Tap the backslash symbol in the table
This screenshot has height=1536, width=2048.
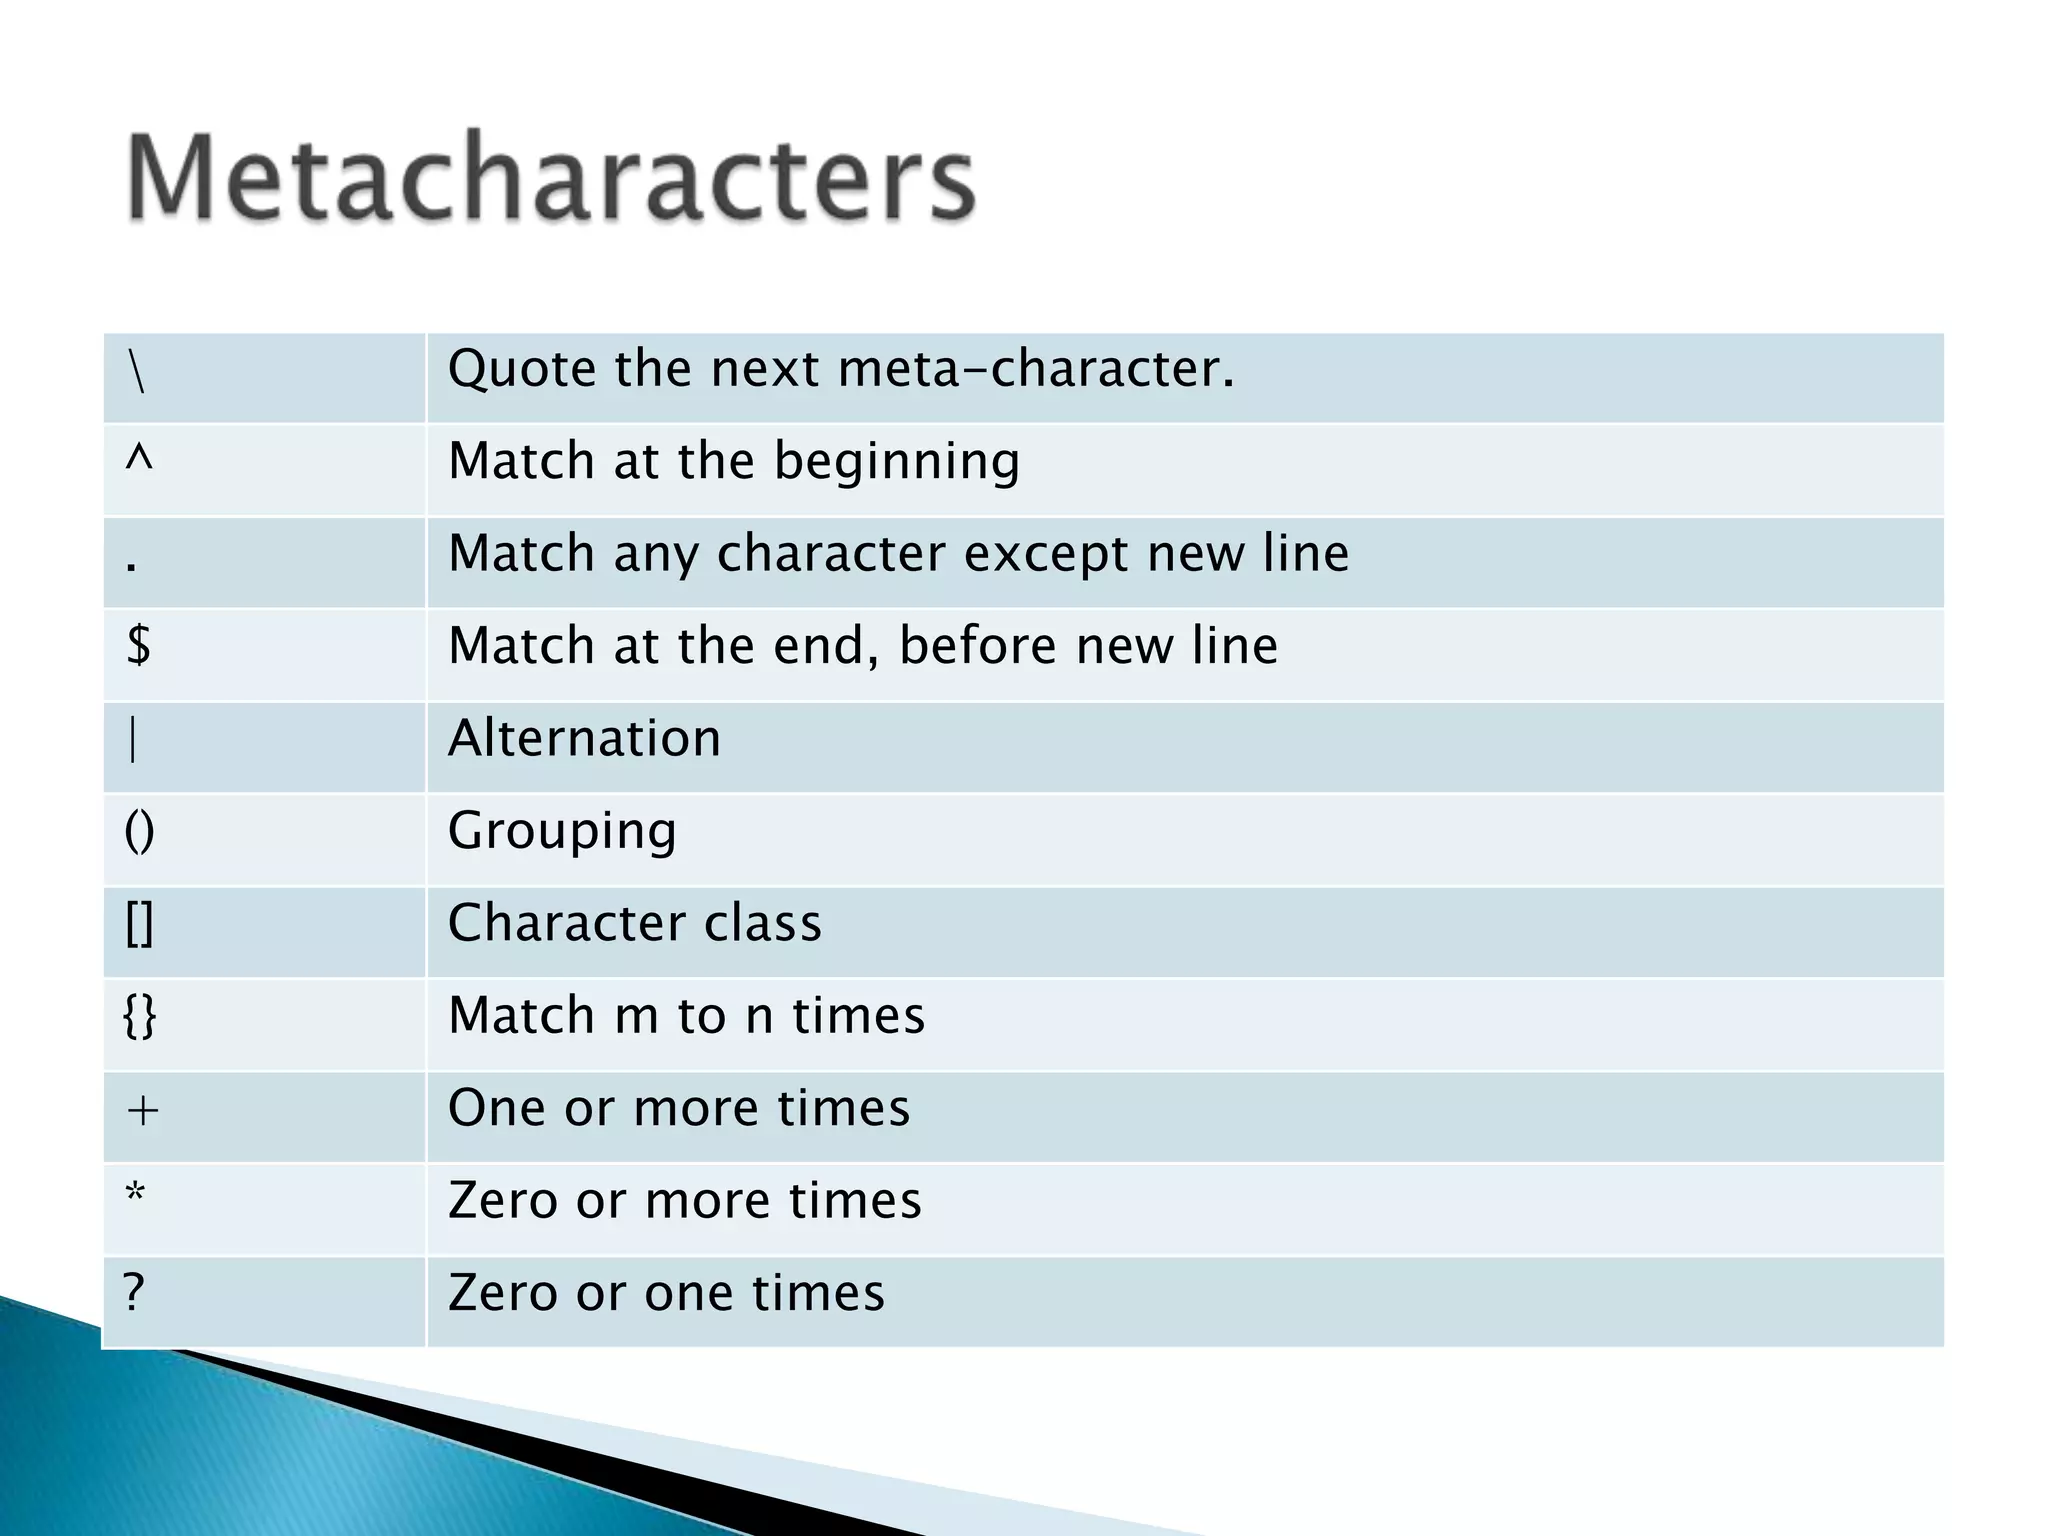138,372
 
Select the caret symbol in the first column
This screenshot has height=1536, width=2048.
139,459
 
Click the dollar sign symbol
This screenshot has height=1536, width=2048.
139,644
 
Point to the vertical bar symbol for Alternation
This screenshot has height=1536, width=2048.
134,740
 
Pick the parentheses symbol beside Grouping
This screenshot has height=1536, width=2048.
139,831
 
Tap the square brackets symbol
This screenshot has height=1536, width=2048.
139,924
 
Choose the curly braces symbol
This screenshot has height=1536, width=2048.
140,1017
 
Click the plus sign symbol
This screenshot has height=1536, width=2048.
143,1110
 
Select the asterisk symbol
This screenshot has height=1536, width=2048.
136,1194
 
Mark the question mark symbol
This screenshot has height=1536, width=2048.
135,1292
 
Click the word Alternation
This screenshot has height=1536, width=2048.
584,738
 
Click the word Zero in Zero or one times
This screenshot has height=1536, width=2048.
503,1292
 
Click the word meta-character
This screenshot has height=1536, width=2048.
1036,369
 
